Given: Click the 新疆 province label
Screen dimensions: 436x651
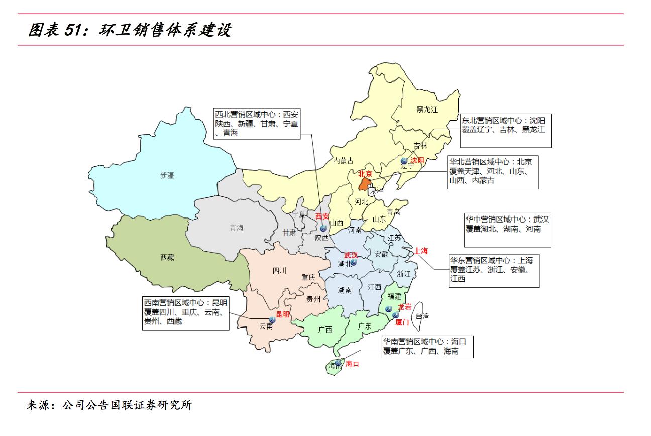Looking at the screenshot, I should tap(167, 175).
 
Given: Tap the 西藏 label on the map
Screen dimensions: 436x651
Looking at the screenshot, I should tap(167, 257).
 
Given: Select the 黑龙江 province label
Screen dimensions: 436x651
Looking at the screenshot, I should tap(427, 110).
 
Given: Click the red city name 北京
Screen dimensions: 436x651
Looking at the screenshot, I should tap(365, 174).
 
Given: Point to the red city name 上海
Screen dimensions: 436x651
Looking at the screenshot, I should tap(421, 251).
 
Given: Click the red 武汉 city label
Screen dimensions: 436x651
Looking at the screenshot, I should tap(351, 255).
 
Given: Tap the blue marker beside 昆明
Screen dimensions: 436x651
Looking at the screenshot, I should tap(272, 319).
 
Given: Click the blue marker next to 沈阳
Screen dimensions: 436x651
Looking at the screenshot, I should tap(404, 160).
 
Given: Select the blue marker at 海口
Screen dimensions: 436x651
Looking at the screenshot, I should tap(339, 362).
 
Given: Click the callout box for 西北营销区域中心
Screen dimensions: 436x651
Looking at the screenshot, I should tap(257, 124).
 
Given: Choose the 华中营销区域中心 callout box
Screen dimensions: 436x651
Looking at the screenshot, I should tap(507, 230).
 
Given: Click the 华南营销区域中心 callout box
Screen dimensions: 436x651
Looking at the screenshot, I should tap(426, 347).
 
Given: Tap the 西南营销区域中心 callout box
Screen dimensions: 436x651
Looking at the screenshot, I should tap(185, 312).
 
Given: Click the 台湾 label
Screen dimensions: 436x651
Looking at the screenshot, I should tap(422, 316).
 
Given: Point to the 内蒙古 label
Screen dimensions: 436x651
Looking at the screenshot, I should tap(343, 161).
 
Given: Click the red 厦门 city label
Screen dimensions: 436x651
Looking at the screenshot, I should tap(402, 322).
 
